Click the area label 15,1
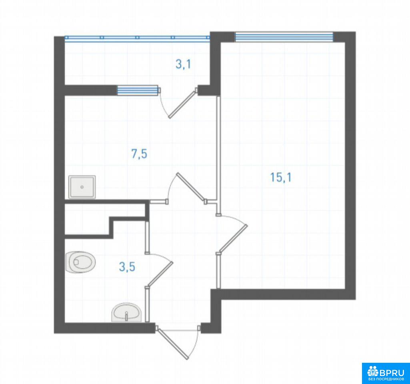(x=280, y=178)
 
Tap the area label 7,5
(x=139, y=154)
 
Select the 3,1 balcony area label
(x=183, y=64)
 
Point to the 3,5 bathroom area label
(x=127, y=267)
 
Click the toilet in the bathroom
(x=80, y=262)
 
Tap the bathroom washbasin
(x=126, y=312)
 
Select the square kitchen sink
(x=82, y=187)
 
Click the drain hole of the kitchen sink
(x=82, y=187)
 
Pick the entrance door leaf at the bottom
(x=172, y=343)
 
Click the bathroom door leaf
(x=160, y=274)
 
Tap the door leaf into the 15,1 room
(x=233, y=238)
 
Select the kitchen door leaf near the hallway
(x=191, y=187)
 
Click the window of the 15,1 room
(x=284, y=37)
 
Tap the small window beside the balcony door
(x=138, y=90)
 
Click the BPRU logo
(x=386, y=371)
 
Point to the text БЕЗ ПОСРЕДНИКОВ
(x=386, y=379)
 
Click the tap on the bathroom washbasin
(x=126, y=316)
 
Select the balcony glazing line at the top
(x=137, y=37)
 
